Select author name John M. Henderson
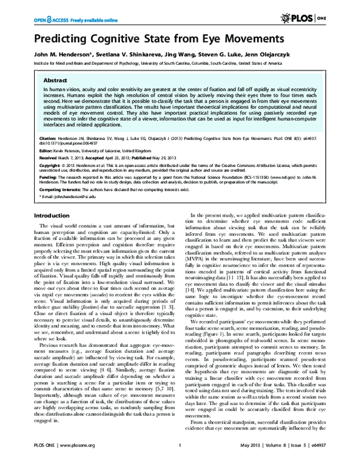[61, 55]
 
